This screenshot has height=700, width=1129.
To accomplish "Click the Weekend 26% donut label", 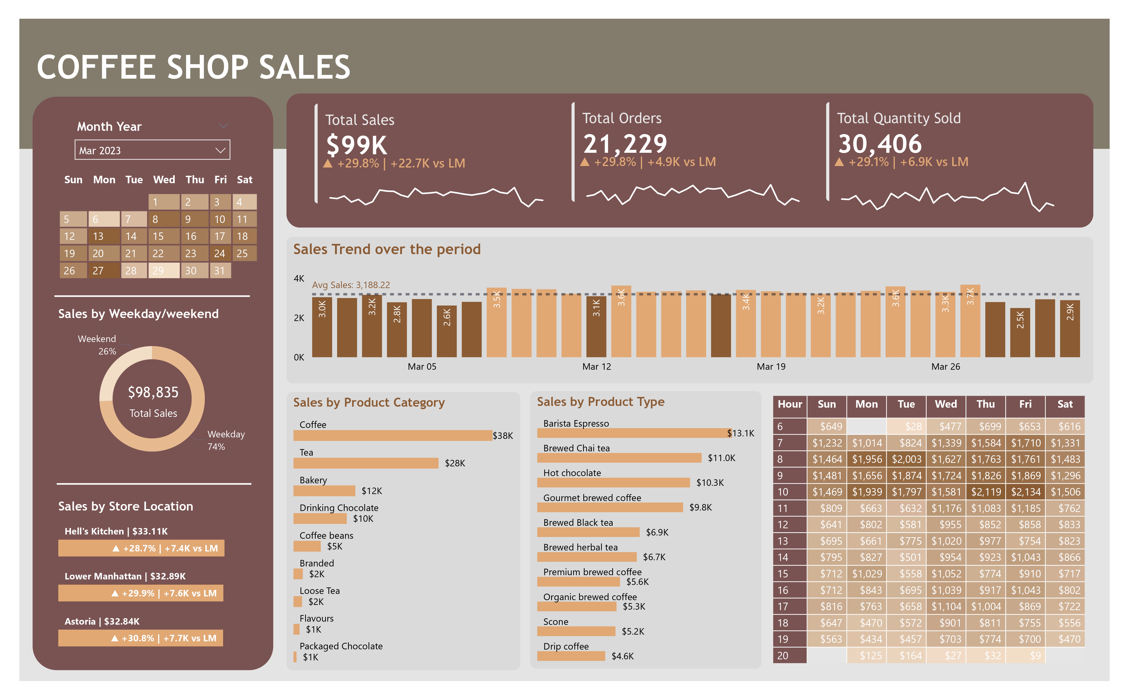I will (97, 345).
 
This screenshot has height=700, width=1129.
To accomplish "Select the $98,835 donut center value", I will (153, 392).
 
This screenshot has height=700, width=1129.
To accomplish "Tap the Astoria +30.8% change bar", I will (141, 638).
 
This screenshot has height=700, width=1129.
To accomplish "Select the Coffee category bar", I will (392, 435).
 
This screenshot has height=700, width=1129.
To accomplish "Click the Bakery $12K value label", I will (372, 491).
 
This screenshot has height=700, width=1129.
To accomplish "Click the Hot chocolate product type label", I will (572, 473).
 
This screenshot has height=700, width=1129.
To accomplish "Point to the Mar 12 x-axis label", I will (596, 367).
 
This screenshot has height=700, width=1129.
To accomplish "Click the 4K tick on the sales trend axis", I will (299, 278).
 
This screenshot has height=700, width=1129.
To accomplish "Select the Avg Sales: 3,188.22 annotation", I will (351, 285).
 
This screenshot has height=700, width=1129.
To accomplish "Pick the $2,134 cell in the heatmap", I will (1025, 492).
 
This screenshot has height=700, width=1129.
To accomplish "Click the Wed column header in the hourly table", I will (946, 404).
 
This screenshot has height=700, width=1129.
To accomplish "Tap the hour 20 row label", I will (783, 656).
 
